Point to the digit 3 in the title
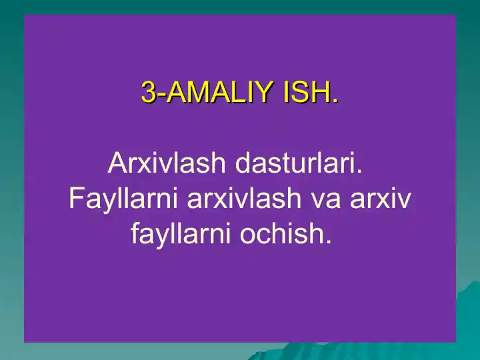(148, 93)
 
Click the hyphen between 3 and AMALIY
(160, 95)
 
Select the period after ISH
(335, 101)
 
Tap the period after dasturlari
(359, 171)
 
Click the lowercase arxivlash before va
(242, 199)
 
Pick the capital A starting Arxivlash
(116, 163)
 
